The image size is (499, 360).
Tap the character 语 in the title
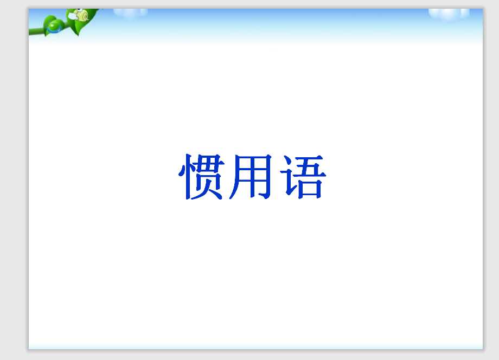[x=301, y=177]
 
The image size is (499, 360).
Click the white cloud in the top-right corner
[x=449, y=14]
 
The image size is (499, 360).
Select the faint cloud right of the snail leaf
[x=131, y=11]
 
